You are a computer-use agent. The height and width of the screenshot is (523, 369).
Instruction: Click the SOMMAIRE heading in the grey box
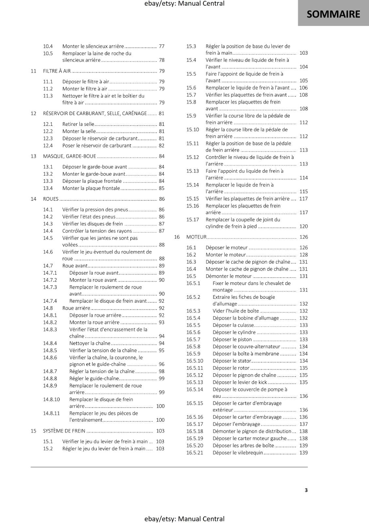333,14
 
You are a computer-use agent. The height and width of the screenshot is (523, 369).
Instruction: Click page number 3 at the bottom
306,490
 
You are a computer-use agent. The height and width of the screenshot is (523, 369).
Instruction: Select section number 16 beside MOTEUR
177,237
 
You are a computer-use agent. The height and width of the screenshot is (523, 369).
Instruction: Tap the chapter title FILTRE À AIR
57,71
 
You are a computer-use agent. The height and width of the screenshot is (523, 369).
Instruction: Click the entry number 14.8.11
51,413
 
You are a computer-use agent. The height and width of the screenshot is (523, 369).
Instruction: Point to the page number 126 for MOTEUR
303,237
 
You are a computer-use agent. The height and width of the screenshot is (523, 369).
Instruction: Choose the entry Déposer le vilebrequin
237,453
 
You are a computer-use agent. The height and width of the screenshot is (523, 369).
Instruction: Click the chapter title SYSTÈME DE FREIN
64,431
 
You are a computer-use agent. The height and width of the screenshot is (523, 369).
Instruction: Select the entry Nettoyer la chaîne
90,343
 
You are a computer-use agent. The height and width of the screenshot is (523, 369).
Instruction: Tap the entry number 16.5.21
195,453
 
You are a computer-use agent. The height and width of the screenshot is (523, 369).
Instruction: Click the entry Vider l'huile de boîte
235,311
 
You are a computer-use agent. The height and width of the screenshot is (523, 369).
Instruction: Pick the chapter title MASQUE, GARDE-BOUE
70,156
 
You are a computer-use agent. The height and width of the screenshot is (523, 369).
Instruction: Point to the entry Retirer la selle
78,124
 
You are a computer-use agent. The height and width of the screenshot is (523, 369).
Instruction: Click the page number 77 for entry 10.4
161,46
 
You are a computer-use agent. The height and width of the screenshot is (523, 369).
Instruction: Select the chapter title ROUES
51,199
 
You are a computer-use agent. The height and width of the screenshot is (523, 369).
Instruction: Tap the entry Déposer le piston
232,340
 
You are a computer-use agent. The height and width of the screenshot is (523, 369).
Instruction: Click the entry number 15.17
192,220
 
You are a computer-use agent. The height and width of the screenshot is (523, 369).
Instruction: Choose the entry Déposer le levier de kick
239,382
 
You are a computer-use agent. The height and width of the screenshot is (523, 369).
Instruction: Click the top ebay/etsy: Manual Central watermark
184,4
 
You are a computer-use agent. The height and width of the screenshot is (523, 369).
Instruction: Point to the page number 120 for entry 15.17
303,227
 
